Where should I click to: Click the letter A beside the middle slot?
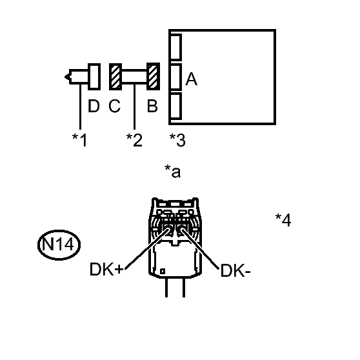[x=191, y=79]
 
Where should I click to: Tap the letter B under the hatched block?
[x=152, y=106]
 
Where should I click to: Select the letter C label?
[x=115, y=106]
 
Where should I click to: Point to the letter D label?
[x=94, y=106]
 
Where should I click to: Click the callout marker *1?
[x=79, y=140]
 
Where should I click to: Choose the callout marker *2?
[x=134, y=140]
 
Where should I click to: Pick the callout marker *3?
[x=177, y=140]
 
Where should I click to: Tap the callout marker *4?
[x=283, y=220]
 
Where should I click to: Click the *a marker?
[x=173, y=172]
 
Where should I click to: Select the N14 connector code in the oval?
[x=58, y=244]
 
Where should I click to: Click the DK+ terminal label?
[x=106, y=269]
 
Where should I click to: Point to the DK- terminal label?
[x=235, y=270]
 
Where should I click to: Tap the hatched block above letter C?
[x=115, y=77]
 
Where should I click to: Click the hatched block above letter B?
[x=153, y=77]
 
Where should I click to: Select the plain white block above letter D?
[x=94, y=77]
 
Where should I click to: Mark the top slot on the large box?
[x=176, y=47]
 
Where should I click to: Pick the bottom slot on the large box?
[x=176, y=106]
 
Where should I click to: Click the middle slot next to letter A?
[x=176, y=77]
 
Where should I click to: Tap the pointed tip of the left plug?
[x=65, y=77]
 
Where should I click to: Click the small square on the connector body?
[x=163, y=272]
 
